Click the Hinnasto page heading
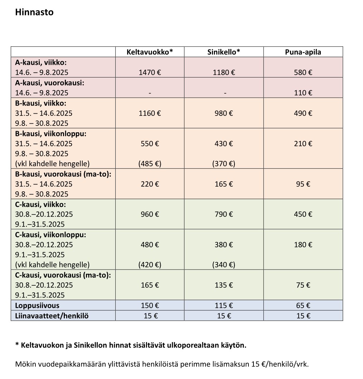coord(34,12)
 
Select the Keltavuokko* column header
coord(150,52)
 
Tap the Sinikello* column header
coord(224,52)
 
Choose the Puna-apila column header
coord(303,52)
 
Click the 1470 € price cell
coord(150,73)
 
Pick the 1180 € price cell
coord(224,73)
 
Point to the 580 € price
coord(303,73)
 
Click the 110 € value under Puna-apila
coord(303,93)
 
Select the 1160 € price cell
coord(150,113)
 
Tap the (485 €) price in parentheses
coord(150,164)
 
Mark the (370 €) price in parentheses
coord(224,164)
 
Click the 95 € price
coord(303,184)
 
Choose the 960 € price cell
coord(150,214)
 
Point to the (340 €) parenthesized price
coord(224,265)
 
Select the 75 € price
coord(303,285)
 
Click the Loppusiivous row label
coord(37,306)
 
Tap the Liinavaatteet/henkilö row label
coord(52,316)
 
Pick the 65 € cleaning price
coord(303,306)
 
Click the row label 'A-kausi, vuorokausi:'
coord(49,83)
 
